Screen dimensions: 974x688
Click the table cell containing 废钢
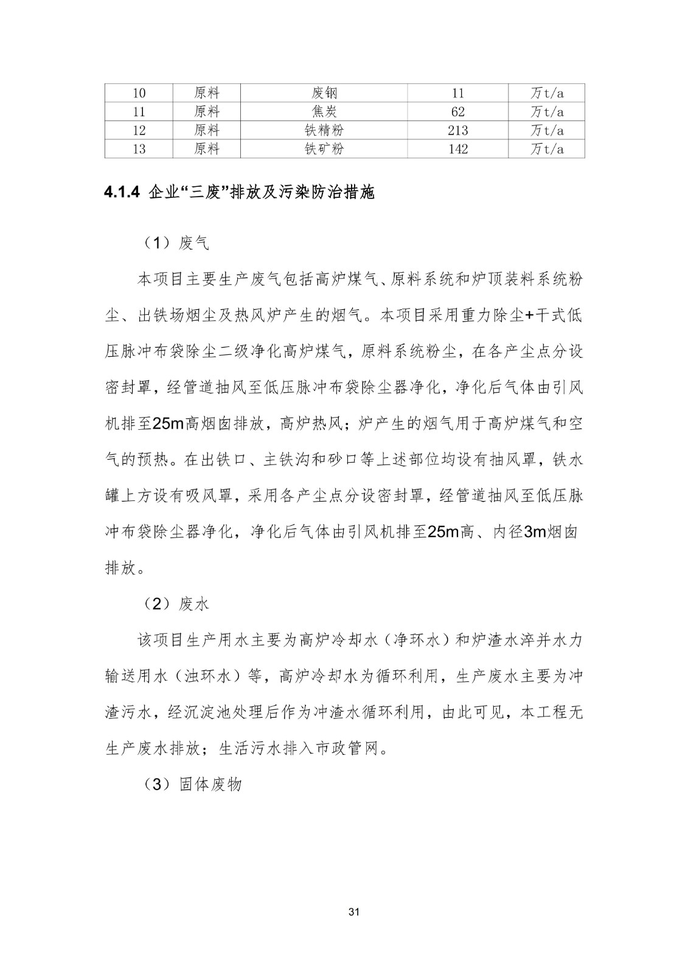click(x=324, y=93)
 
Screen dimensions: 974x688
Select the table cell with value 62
click(x=457, y=112)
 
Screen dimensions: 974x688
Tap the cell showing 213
click(x=457, y=130)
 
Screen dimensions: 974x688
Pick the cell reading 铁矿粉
click(x=324, y=149)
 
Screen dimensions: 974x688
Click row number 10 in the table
click(x=139, y=93)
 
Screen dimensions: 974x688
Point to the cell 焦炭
click(x=324, y=112)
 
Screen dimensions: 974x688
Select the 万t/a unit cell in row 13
click(x=546, y=149)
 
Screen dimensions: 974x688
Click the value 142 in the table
click(x=457, y=149)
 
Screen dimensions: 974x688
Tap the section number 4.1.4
click(x=122, y=193)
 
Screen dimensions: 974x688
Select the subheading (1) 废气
click(x=176, y=243)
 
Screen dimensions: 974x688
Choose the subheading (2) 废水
click(x=176, y=604)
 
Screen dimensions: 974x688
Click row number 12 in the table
click(x=139, y=130)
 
